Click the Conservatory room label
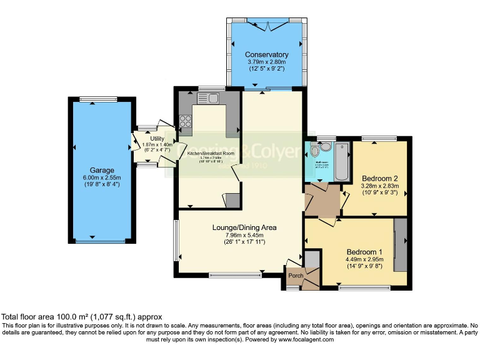pos(266,54)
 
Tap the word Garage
pos(101,170)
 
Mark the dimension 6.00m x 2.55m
pos(101,177)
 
